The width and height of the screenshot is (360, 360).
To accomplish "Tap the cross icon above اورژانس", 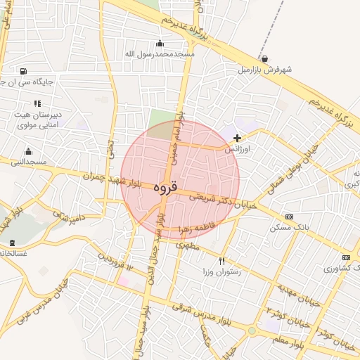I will [x=237, y=138].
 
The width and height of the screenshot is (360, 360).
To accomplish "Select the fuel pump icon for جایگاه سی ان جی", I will [x=25, y=71].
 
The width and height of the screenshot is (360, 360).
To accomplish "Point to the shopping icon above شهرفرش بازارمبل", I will [x=264, y=59].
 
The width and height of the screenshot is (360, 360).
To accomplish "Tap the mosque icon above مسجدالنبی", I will [x=28, y=151].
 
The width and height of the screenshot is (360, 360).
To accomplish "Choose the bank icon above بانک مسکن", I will [x=288, y=217].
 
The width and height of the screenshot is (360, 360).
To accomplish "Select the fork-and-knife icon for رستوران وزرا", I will [x=222, y=260].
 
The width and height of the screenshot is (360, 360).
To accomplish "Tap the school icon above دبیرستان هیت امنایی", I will [x=37, y=103].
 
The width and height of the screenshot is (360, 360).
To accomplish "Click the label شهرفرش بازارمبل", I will [x=264, y=70].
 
